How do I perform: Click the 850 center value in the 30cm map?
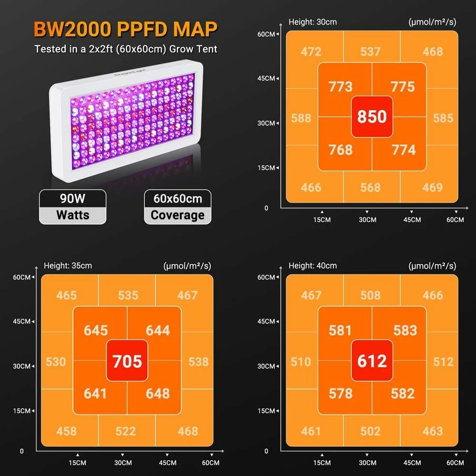click(x=372, y=117)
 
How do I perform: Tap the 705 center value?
click(x=127, y=361)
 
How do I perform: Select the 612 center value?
click(x=372, y=361)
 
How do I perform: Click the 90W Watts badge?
click(x=73, y=207)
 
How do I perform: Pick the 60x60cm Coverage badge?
click(x=177, y=207)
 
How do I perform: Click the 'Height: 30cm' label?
click(x=312, y=22)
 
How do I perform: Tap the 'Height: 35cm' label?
click(x=68, y=266)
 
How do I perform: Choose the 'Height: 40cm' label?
click(x=312, y=266)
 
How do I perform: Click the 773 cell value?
click(x=340, y=87)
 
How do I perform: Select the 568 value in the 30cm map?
click(x=370, y=187)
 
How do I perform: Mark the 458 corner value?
click(x=66, y=431)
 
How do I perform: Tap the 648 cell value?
click(x=158, y=393)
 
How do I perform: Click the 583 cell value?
click(x=405, y=330)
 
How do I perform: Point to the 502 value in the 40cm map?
click(x=370, y=431)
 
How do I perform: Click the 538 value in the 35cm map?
click(x=198, y=362)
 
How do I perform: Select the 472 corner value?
click(x=311, y=51)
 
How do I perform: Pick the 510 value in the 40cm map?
click(x=301, y=362)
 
